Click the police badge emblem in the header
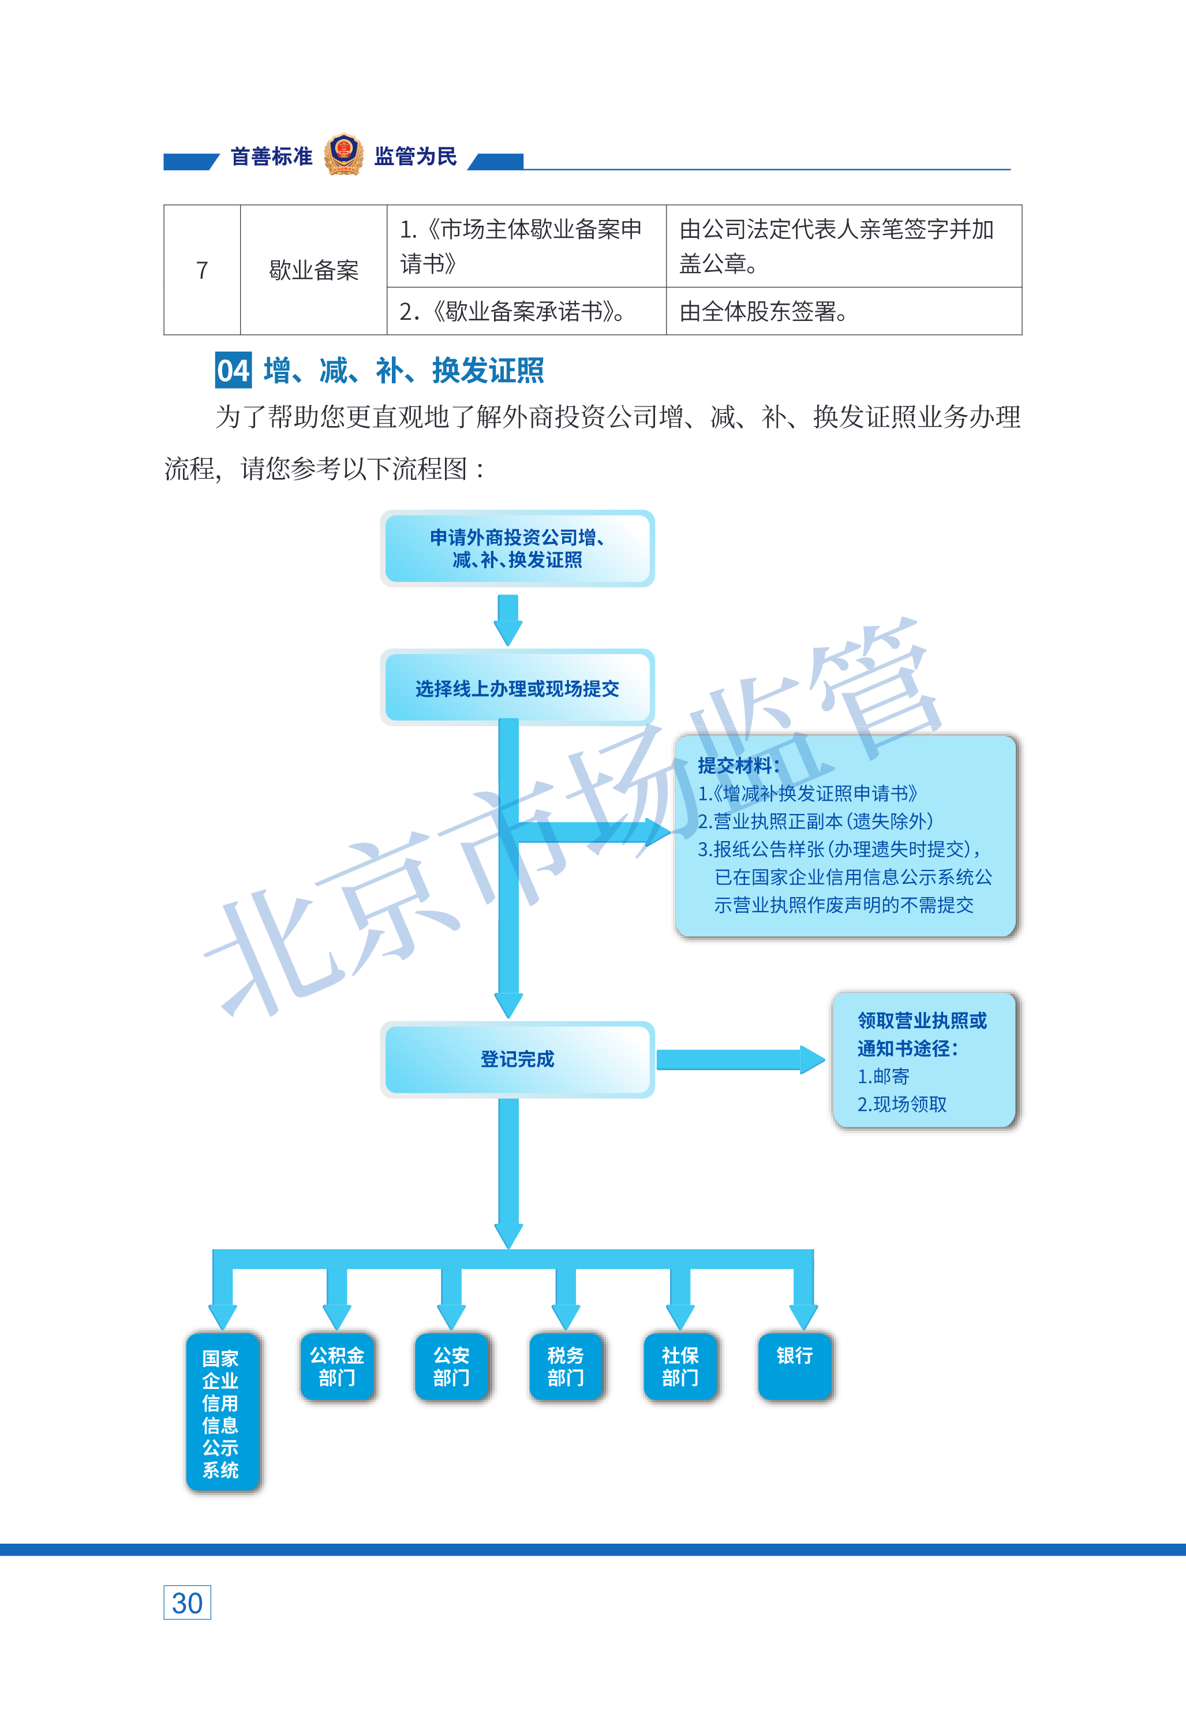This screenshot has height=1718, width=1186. coord(343,155)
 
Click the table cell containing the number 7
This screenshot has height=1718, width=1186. coord(202,270)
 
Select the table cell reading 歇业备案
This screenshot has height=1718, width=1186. coord(313,270)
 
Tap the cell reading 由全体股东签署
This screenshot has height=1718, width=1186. coord(843,311)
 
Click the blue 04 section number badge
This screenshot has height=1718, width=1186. coord(233,370)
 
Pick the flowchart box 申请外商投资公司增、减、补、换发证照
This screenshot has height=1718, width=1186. coord(517,548)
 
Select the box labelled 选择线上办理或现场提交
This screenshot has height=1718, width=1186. coord(517,688)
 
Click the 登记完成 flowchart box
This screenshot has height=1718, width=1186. coord(517,1059)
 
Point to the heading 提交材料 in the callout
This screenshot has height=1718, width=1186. coord(739,765)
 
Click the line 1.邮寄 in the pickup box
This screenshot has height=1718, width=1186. coord(884,1076)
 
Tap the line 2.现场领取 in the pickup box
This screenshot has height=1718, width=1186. coord(902,1104)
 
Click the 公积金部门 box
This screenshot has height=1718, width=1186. coord(338,1366)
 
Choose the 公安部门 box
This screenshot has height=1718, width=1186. coord(452,1366)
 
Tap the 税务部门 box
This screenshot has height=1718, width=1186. coord(566,1366)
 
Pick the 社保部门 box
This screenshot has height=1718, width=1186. coord(680,1366)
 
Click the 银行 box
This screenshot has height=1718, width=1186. coord(795,1366)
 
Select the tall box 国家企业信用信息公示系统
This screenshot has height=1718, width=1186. coord(222,1412)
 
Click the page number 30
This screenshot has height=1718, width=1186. coord(187,1603)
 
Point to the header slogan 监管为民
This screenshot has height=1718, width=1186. coord(416,156)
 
